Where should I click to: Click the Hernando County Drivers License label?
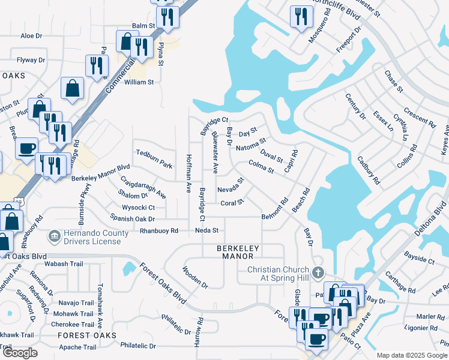tap(91, 238)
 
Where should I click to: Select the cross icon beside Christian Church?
tap(319, 272)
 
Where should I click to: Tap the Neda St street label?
tap(206, 230)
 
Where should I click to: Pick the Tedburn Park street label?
tap(154, 159)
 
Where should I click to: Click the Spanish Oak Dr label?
tap(133, 219)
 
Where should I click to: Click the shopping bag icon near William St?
tap(72, 88)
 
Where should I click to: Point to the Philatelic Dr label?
tap(137, 346)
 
